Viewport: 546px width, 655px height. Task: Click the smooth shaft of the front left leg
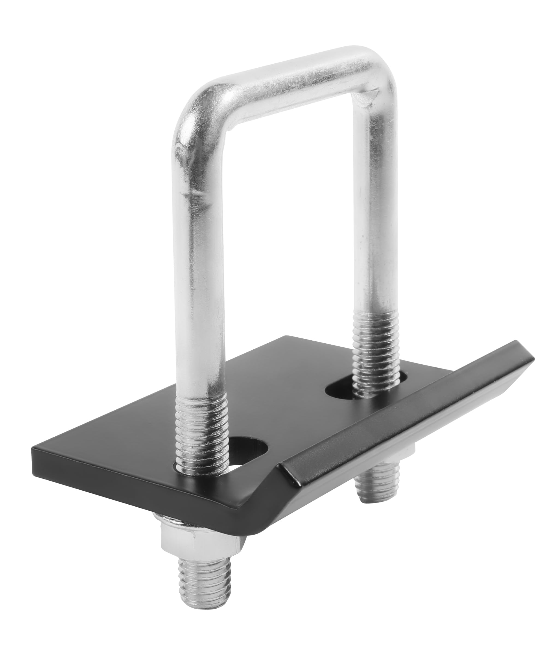[x=200, y=281]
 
